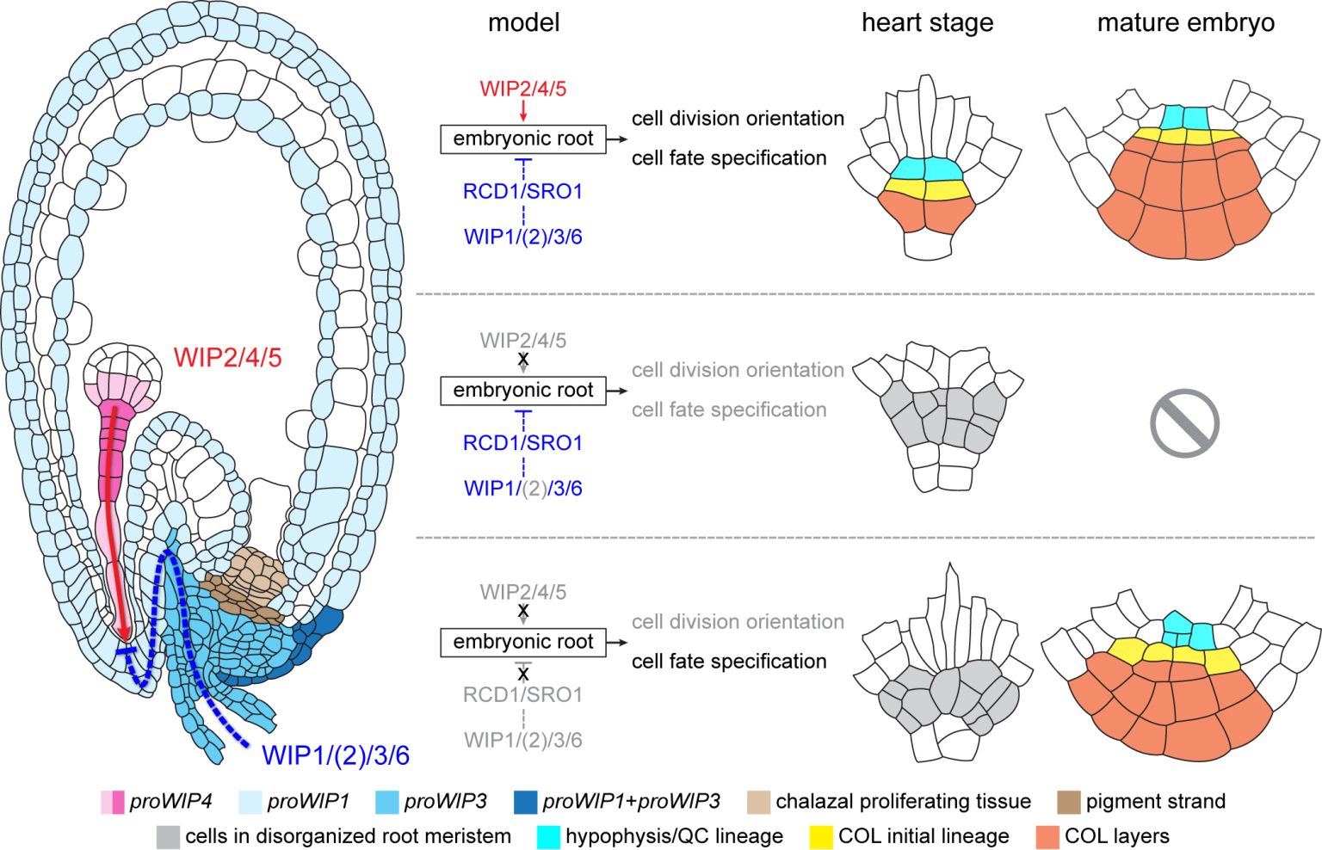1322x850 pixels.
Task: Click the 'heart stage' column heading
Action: tap(927, 23)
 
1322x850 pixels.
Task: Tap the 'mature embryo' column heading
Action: tap(1185, 23)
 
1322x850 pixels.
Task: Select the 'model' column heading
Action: tap(523, 23)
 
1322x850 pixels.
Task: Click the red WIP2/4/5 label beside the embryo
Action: tap(227, 357)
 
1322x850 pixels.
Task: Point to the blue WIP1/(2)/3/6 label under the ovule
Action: tap(336, 755)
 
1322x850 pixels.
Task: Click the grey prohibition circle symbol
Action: tap(1184, 422)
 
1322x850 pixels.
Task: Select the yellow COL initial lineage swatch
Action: tap(821, 836)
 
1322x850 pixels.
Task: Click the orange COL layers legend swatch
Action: tap(1047, 836)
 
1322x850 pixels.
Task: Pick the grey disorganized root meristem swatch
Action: tap(168, 836)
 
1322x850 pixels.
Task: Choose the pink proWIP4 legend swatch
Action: tap(113, 802)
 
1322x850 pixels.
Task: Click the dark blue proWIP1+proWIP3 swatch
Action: tap(525, 802)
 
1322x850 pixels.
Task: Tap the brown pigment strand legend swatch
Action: tap(1068, 802)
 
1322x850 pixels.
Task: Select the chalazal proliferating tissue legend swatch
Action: tap(759, 802)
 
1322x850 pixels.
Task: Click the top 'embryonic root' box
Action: tap(523, 139)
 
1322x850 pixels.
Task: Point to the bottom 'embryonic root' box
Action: tap(523, 642)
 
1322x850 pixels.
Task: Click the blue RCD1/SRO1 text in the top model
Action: tap(523, 191)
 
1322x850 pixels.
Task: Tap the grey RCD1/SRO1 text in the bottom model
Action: tap(523, 694)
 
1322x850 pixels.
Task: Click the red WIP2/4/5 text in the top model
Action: tap(523, 89)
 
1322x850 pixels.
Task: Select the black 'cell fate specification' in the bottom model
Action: tap(729, 662)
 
